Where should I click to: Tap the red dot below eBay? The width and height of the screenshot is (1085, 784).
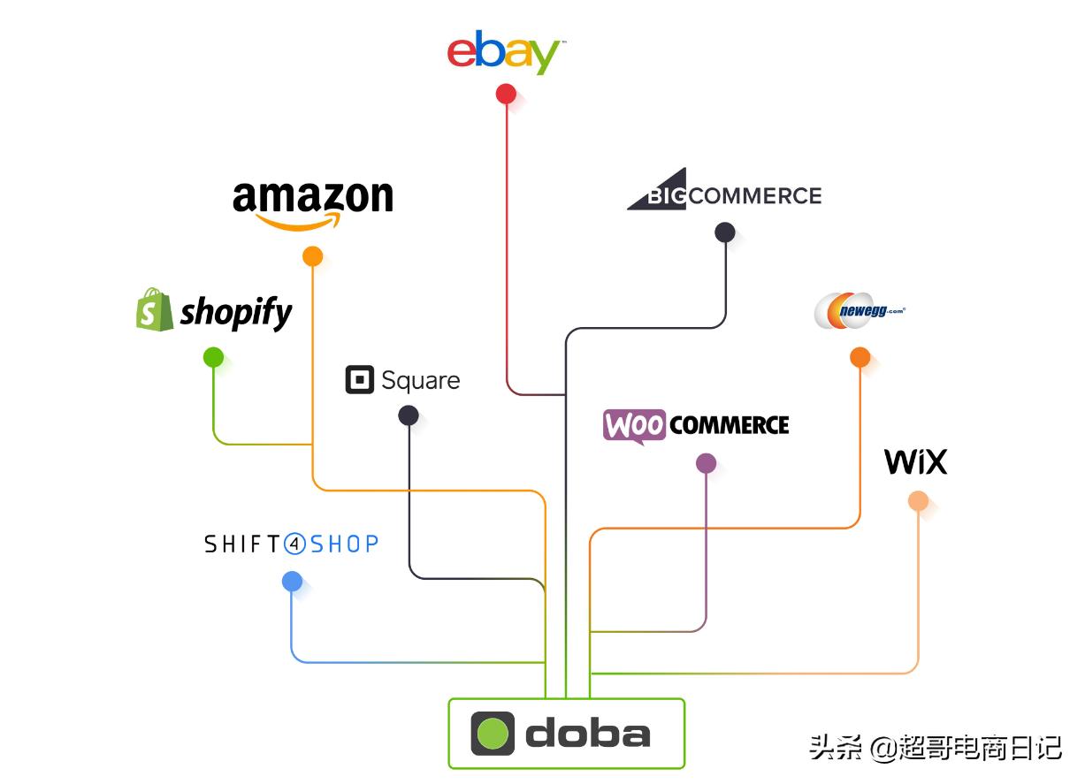click(506, 94)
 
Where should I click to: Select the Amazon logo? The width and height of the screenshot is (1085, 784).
click(312, 202)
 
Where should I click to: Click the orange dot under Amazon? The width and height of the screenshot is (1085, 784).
click(312, 256)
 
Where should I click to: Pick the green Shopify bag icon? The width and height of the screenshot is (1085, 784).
click(155, 310)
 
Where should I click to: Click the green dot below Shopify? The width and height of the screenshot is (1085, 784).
click(213, 357)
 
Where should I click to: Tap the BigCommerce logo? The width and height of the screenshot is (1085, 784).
click(724, 190)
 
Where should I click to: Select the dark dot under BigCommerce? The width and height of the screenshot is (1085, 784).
click(725, 232)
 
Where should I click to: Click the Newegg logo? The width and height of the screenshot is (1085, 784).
click(859, 310)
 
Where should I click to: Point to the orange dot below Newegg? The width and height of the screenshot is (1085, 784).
click(860, 357)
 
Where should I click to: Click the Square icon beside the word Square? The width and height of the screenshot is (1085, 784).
click(359, 380)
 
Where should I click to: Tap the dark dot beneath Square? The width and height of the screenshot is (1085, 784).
click(409, 415)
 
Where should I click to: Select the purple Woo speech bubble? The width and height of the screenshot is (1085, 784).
click(634, 426)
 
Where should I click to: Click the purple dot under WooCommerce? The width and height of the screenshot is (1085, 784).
click(706, 463)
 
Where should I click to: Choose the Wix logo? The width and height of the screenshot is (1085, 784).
click(915, 461)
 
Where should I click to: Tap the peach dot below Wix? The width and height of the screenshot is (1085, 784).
click(918, 501)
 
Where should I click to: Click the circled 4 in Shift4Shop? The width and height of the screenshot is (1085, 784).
click(295, 544)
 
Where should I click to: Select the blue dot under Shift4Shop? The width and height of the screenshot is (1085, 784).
click(292, 581)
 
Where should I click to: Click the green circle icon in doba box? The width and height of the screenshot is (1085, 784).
click(493, 734)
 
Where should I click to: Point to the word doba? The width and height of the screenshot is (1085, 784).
click(587, 734)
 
